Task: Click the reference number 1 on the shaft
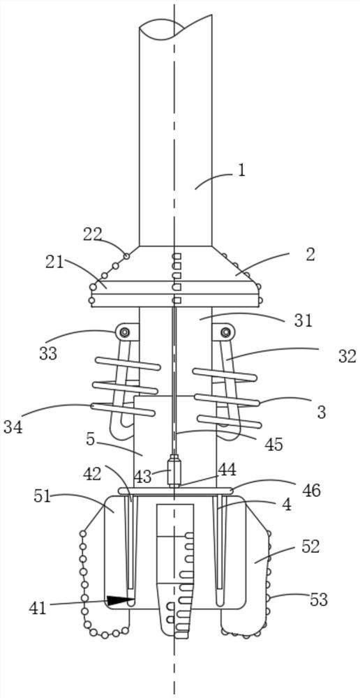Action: pos(241,170)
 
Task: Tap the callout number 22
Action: pos(93,235)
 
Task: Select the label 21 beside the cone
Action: pos(54,262)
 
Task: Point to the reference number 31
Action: pos(303,320)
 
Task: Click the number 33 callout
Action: pos(47,354)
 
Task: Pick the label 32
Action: pos(347,356)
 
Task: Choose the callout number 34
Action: pos(13,427)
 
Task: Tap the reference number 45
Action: pos(273,444)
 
